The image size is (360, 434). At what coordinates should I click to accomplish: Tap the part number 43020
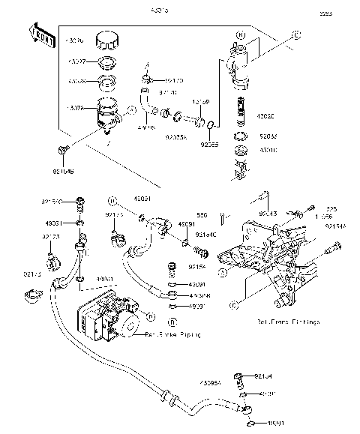coord(266,116)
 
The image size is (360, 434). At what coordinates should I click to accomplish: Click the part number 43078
coord(79,107)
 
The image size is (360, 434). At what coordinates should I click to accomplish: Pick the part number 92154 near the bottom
coord(262,376)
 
